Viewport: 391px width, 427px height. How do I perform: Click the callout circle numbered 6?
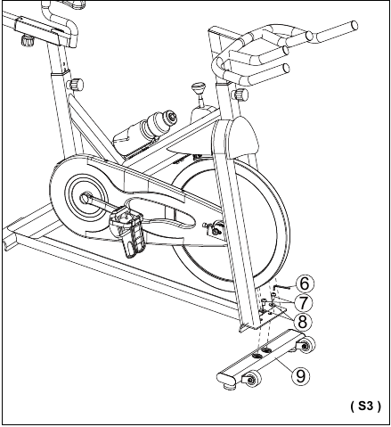click(305, 283)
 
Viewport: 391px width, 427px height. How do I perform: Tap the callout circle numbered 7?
click(303, 303)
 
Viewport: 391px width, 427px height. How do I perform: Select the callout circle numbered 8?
click(302, 322)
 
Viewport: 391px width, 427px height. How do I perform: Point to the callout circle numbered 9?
click(300, 375)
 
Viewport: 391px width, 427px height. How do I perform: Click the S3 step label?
click(365, 406)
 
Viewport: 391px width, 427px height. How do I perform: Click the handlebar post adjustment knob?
click(240, 94)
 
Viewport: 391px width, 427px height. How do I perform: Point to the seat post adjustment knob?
click(76, 84)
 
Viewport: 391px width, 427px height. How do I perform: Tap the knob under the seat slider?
click(28, 40)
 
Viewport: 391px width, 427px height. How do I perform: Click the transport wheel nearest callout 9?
click(306, 346)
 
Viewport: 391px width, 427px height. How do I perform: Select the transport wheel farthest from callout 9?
click(252, 379)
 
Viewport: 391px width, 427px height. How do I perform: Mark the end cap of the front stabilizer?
click(226, 378)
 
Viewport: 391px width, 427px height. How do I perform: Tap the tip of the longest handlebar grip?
click(354, 25)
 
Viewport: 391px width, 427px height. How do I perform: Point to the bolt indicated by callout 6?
click(279, 287)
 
